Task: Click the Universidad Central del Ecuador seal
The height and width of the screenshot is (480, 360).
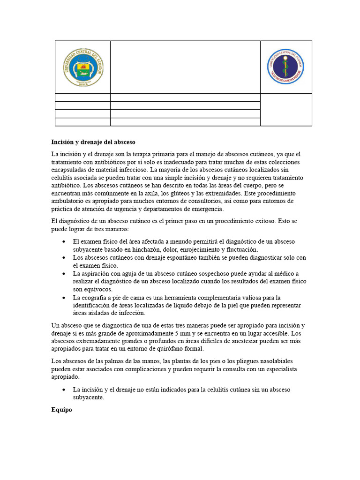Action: pyautogui.click(x=83, y=67)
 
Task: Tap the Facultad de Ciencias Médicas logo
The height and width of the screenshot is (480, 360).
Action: pyautogui.click(x=285, y=67)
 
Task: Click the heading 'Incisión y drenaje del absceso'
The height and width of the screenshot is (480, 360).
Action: pyautogui.click(x=93, y=142)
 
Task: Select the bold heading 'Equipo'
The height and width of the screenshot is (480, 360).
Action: pyautogui.click(x=61, y=410)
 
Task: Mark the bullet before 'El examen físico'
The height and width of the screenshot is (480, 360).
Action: pyautogui.click(x=64, y=241)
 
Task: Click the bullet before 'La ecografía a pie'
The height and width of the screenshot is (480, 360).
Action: pyautogui.click(x=64, y=297)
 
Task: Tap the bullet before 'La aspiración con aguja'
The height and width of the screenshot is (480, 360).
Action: pyautogui.click(x=64, y=273)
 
